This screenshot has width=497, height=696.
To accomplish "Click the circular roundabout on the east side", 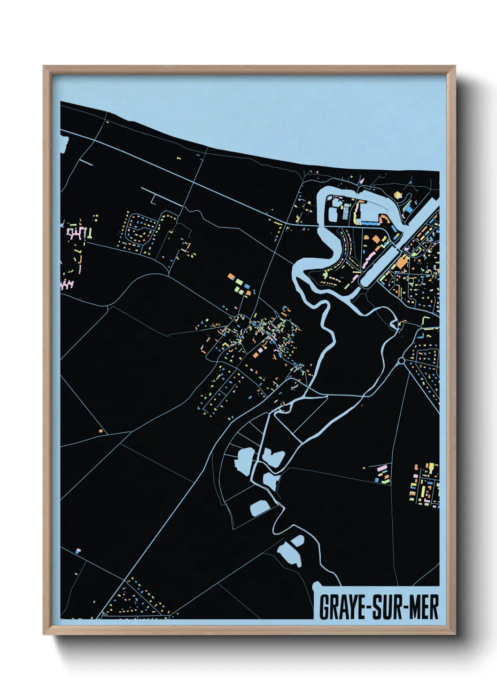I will (401, 361).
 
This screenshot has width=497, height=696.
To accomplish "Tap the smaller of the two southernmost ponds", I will (297, 541).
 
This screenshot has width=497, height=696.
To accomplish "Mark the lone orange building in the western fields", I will (101, 430).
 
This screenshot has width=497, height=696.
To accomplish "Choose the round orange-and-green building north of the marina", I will (398, 194).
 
